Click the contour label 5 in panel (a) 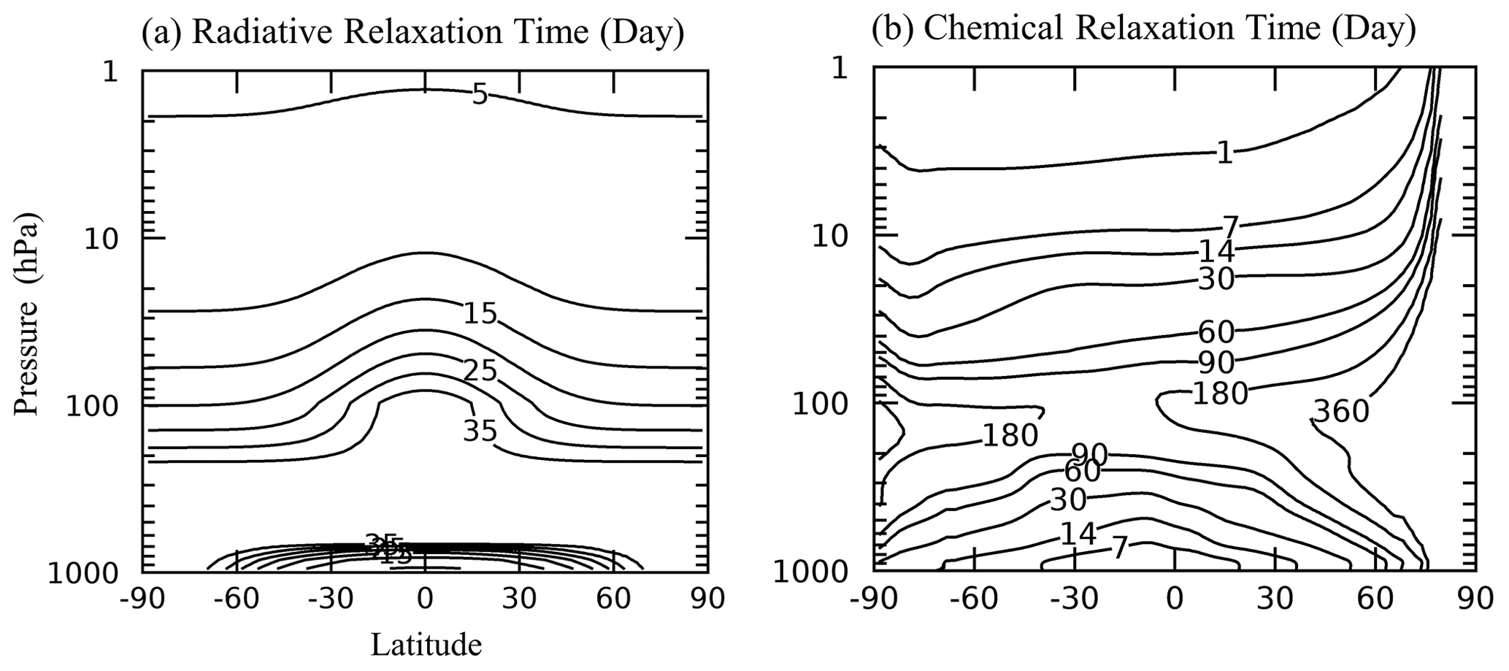[479, 95]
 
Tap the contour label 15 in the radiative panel [481, 313]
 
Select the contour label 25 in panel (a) [480, 371]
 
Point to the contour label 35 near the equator [480, 431]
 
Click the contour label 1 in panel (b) [1224, 153]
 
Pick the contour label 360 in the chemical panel [1340, 412]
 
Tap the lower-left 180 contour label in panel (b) [1010, 435]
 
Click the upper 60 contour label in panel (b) [1216, 332]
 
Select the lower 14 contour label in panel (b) [1078, 534]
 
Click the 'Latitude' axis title [426, 645]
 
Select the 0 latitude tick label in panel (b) [1174, 599]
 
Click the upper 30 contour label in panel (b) [1216, 278]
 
